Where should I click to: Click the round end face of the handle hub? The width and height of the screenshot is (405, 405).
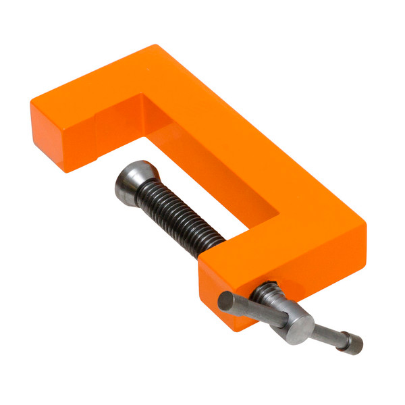[x=298, y=329]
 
